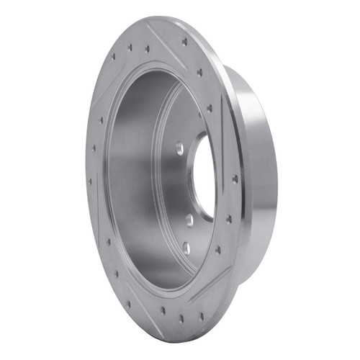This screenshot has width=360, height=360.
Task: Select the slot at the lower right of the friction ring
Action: coord(216,281)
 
